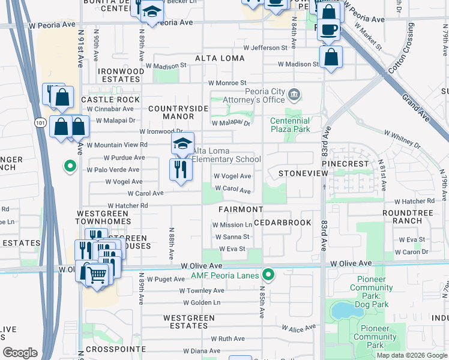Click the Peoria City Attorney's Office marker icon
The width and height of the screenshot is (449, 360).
294,94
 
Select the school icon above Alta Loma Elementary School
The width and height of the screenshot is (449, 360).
182,144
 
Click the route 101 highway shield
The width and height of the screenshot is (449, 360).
40,122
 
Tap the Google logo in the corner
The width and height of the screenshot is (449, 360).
20,353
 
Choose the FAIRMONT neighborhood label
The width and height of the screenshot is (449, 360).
240,209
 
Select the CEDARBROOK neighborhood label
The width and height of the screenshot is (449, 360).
282,223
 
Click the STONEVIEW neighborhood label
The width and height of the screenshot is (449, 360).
303,173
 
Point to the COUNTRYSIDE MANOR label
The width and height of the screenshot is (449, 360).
178,113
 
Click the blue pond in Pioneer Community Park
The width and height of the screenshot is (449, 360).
342,310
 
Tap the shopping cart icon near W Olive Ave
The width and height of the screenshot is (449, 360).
96,275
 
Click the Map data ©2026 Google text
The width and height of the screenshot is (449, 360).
412,355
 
